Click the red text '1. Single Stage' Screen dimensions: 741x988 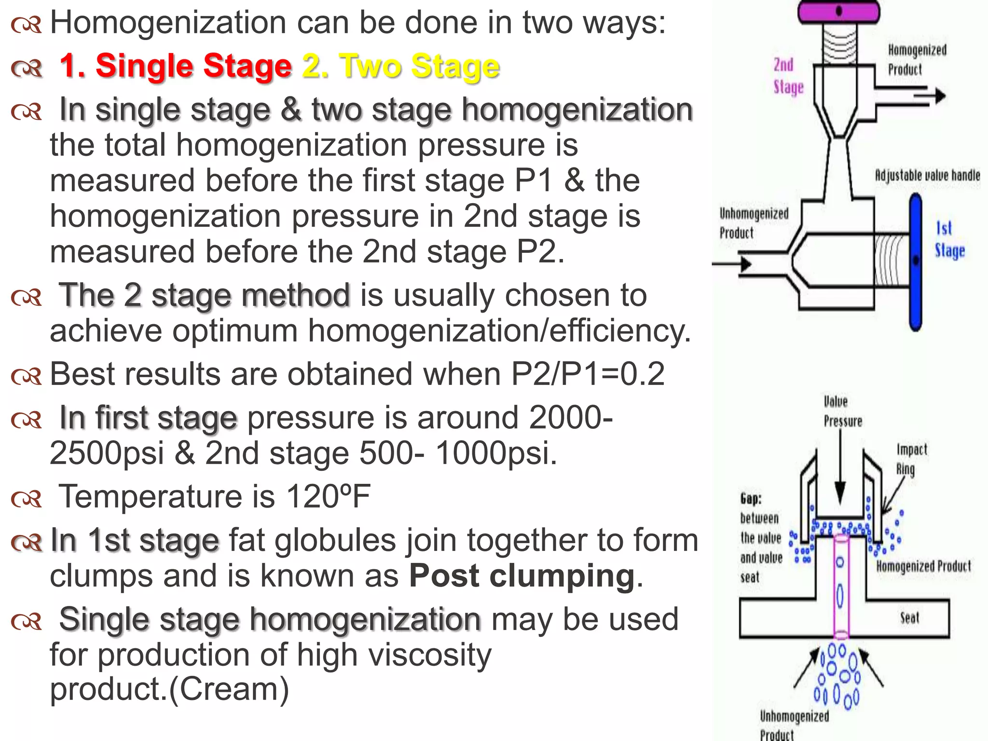[x=176, y=66]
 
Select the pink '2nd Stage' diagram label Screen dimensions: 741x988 [x=788, y=76]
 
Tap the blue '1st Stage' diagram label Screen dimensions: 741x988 [x=949, y=239]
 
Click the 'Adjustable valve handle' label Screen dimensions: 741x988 [x=927, y=175]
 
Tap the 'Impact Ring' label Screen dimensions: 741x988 [x=911, y=459]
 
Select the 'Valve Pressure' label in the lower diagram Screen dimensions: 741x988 [x=842, y=412]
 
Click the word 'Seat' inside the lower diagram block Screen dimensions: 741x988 [x=909, y=618]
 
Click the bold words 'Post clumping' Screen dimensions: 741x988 [x=522, y=576]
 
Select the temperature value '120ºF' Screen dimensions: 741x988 [x=328, y=497]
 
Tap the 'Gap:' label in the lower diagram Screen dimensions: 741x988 [x=751, y=498]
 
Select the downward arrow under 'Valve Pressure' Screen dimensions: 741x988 [x=840, y=473]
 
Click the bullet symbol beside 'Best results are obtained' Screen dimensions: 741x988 [x=27, y=376]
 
